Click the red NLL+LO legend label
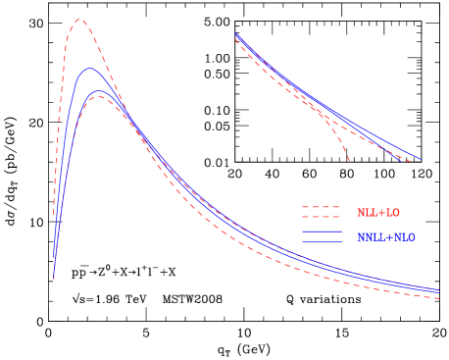coord(377,213)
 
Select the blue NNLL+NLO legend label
coord(385,237)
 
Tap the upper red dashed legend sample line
coord(321,207)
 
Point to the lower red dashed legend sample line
coord(321,217)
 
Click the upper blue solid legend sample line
coord(321,232)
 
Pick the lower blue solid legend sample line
coord(321,241)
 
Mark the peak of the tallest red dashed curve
coord(79,20)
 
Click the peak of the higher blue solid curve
coord(90,68)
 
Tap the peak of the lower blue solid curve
coord(98,90)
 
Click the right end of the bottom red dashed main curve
coord(439,298)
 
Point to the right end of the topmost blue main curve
coord(439,288)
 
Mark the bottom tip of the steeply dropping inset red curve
coord(349,160)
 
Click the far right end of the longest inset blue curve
coord(422,159)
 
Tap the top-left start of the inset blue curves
coord(236,33)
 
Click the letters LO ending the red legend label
coord(392,213)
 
